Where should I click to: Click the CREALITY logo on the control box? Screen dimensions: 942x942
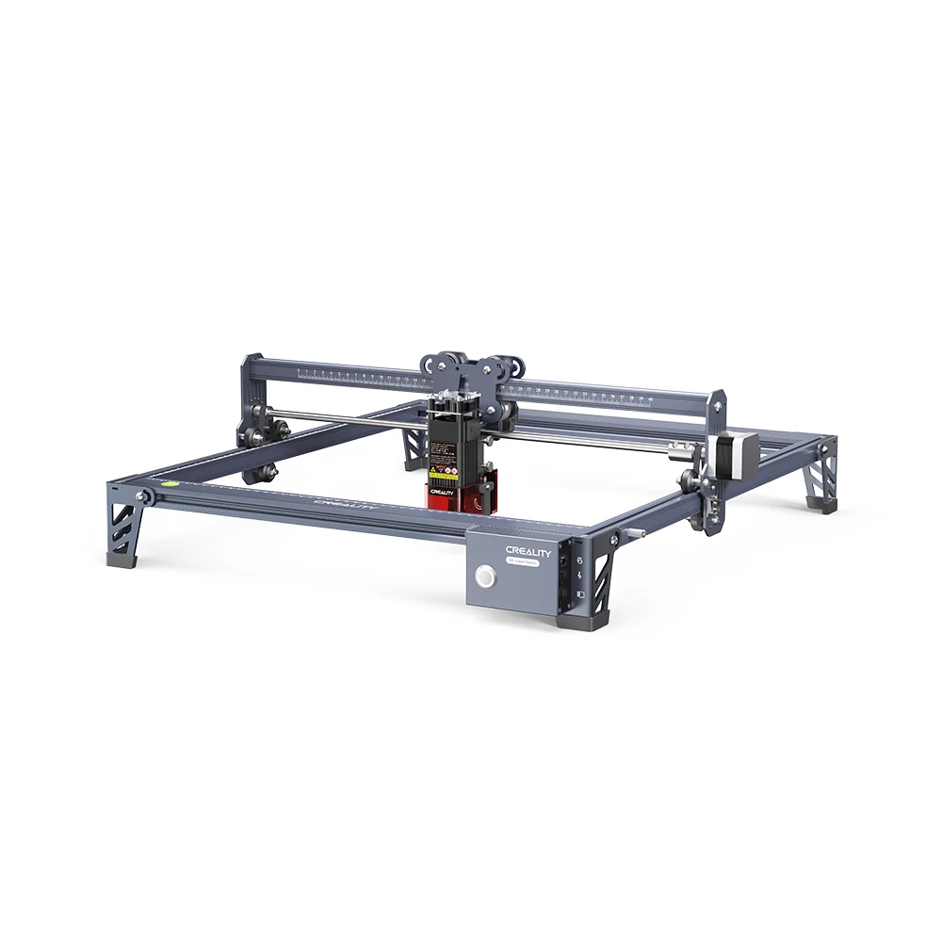tap(528, 550)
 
